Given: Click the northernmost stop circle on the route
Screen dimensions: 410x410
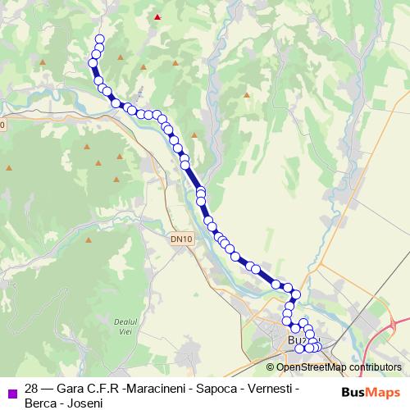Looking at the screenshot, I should click(101, 39).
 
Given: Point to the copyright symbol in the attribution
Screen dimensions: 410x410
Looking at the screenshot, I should click(271, 367).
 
